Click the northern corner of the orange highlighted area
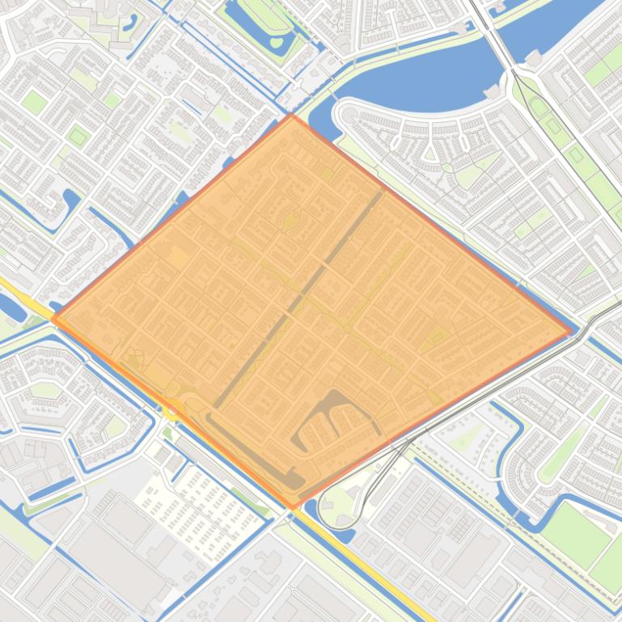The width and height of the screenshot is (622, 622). click(292, 116)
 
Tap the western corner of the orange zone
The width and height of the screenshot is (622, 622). click(53, 319)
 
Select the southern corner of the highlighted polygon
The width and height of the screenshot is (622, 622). click(294, 507)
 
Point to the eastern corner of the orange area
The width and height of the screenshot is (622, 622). click(571, 332)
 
